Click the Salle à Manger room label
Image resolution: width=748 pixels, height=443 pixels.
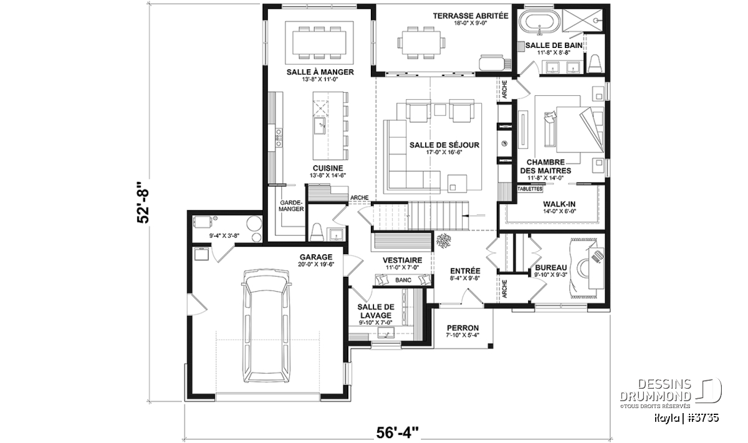pyautogui.click(x=320, y=72)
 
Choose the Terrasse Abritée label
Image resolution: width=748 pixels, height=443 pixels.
pyautogui.click(x=471, y=16)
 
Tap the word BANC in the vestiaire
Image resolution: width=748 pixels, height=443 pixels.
pyautogui.click(x=403, y=280)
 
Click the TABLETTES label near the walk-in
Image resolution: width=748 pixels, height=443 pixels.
pyautogui.click(x=530, y=189)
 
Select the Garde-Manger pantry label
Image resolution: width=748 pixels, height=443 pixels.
pyautogui.click(x=292, y=206)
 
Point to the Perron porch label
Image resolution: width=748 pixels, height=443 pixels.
pyautogui.click(x=463, y=328)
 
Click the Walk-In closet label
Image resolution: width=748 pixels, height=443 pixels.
pyautogui.click(x=559, y=204)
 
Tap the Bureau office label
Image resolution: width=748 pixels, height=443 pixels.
pyautogui.click(x=551, y=268)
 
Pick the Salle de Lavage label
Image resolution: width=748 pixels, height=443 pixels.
pyautogui.click(x=376, y=311)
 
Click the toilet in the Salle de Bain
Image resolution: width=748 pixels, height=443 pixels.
pyautogui.click(x=595, y=64)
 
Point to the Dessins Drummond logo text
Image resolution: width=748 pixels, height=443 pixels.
pyautogui.click(x=655, y=390)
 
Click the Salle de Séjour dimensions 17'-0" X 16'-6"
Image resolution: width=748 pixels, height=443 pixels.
pyautogui.click(x=444, y=153)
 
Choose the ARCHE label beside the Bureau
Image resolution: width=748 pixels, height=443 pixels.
pyautogui.click(x=504, y=288)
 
